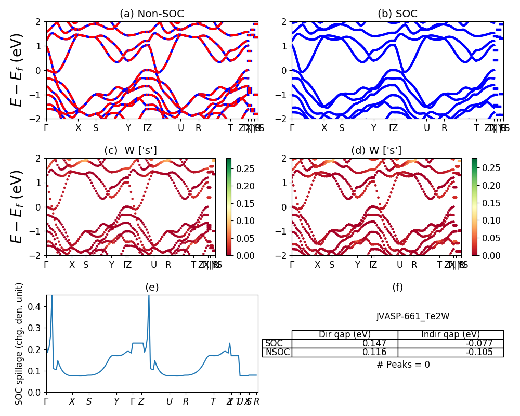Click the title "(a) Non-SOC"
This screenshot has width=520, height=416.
152,14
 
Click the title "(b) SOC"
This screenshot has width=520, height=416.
397,14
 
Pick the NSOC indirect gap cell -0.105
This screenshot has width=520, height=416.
491,353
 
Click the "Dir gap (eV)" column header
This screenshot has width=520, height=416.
345,335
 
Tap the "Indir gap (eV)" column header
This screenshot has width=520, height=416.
450,335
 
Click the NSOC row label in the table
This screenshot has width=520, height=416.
277,353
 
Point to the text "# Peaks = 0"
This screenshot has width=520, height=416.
403,365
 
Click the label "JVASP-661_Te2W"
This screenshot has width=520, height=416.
403,316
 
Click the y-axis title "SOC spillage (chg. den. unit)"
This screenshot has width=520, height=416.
20,344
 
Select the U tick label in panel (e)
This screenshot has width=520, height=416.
170,402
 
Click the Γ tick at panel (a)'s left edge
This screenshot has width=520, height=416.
46,128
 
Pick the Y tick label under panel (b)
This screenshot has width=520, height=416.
373,128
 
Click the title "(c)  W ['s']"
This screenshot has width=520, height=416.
131,151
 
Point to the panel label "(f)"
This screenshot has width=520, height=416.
397,288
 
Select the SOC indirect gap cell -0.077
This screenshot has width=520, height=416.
491,344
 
